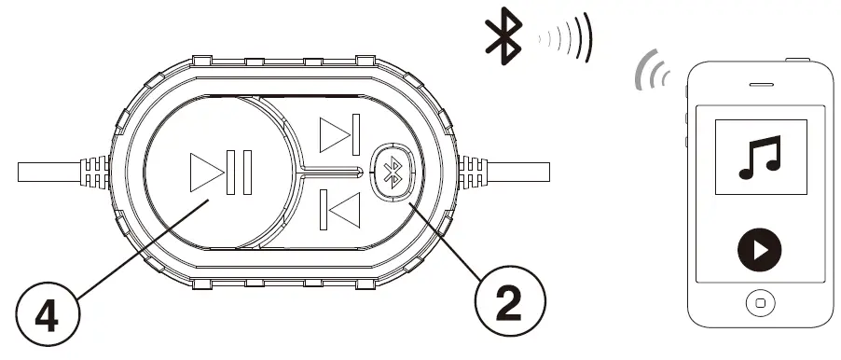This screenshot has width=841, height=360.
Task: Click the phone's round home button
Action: [761, 304]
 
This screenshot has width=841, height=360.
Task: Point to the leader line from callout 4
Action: [131, 248]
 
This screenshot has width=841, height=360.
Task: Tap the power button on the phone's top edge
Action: [794, 59]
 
